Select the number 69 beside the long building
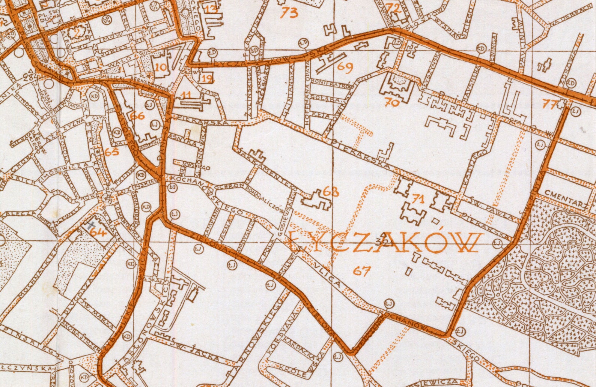pos(345,67)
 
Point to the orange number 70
pos(392,102)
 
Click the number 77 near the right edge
pos(550,104)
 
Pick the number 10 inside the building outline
pos(161,67)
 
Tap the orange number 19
pos(207,78)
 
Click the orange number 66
pos(138,116)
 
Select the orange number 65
pos(111,152)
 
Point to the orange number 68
pos(331,192)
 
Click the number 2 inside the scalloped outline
pos(77,33)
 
